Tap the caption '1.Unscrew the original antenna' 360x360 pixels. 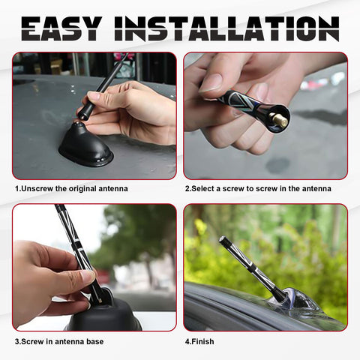coord(71,188)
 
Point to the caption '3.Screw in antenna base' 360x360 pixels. coord(59,342)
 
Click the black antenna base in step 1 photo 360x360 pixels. coord(85,147)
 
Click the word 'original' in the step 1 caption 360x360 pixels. coord(86,188)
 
